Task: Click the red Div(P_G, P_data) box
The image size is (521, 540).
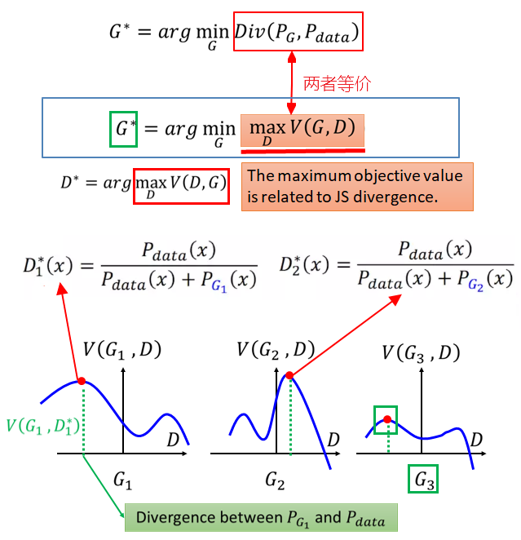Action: [297, 34]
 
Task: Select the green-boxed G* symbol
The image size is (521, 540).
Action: [122, 128]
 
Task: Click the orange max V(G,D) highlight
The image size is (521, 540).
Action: [302, 131]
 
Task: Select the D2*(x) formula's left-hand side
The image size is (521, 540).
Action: [305, 265]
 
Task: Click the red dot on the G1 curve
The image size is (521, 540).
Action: [82, 380]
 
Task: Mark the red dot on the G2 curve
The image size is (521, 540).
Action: [289, 375]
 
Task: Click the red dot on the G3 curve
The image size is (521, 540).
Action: [387, 420]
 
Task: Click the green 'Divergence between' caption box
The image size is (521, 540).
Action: [260, 518]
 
